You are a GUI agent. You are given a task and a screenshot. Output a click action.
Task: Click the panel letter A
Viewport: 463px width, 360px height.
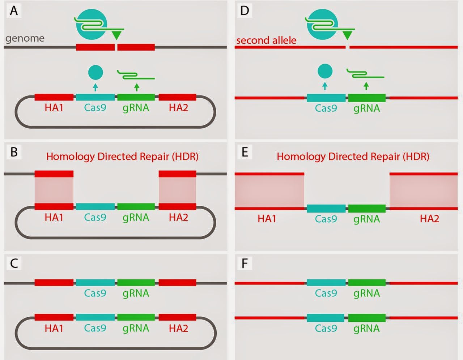14,11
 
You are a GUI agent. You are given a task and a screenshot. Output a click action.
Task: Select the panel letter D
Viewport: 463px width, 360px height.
245,11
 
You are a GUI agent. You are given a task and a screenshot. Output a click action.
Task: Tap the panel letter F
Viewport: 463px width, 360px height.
245,263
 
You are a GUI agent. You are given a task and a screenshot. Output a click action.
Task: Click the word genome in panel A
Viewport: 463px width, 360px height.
25,38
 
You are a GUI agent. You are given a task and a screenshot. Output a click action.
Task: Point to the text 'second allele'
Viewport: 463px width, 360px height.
266,40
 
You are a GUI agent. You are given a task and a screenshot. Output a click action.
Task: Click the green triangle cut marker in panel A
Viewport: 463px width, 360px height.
116,35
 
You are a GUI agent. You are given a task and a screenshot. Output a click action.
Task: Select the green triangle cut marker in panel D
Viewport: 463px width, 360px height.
347,35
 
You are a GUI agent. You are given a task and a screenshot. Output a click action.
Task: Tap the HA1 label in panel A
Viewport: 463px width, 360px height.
54,108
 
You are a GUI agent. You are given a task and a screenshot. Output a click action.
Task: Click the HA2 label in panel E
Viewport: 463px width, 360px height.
429,219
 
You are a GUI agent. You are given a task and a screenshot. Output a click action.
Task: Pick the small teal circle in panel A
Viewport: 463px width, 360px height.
95,72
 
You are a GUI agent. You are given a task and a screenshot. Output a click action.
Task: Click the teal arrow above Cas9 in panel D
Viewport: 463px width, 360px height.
325,86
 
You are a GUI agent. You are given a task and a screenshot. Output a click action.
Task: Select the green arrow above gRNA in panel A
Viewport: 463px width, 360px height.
136,86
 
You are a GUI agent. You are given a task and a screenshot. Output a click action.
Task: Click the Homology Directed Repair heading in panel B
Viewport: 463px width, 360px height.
122,157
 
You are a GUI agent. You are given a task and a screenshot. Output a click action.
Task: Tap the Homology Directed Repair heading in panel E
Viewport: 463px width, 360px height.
353,157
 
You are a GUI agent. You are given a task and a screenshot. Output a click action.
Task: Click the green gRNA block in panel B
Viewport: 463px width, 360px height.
136,206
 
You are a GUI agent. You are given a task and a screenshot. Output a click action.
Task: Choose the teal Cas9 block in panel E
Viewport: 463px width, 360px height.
326,209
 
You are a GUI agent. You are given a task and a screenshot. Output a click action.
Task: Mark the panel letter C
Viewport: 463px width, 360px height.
14,263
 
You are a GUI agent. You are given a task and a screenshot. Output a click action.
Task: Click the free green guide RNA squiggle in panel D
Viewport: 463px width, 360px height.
365,74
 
